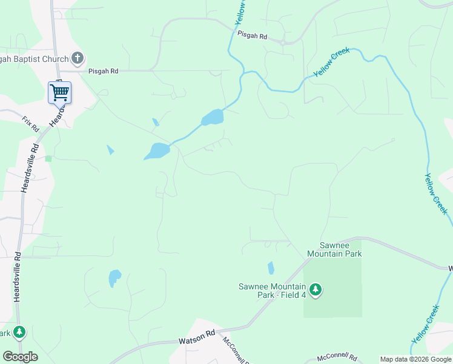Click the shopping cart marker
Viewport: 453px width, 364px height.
59,93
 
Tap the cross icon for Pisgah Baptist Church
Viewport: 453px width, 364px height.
77,58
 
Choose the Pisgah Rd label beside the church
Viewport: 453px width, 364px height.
103,71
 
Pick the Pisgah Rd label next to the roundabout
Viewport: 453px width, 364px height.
252,36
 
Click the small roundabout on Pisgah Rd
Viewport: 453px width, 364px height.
283,42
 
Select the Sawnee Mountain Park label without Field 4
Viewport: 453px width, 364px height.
334,249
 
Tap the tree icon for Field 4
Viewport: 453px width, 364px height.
315,290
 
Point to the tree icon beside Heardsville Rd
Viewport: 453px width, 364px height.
20,332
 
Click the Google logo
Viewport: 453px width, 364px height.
20,357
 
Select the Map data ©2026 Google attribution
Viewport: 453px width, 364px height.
415,359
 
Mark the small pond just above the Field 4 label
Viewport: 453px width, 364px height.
271,268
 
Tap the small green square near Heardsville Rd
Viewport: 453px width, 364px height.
48,158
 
